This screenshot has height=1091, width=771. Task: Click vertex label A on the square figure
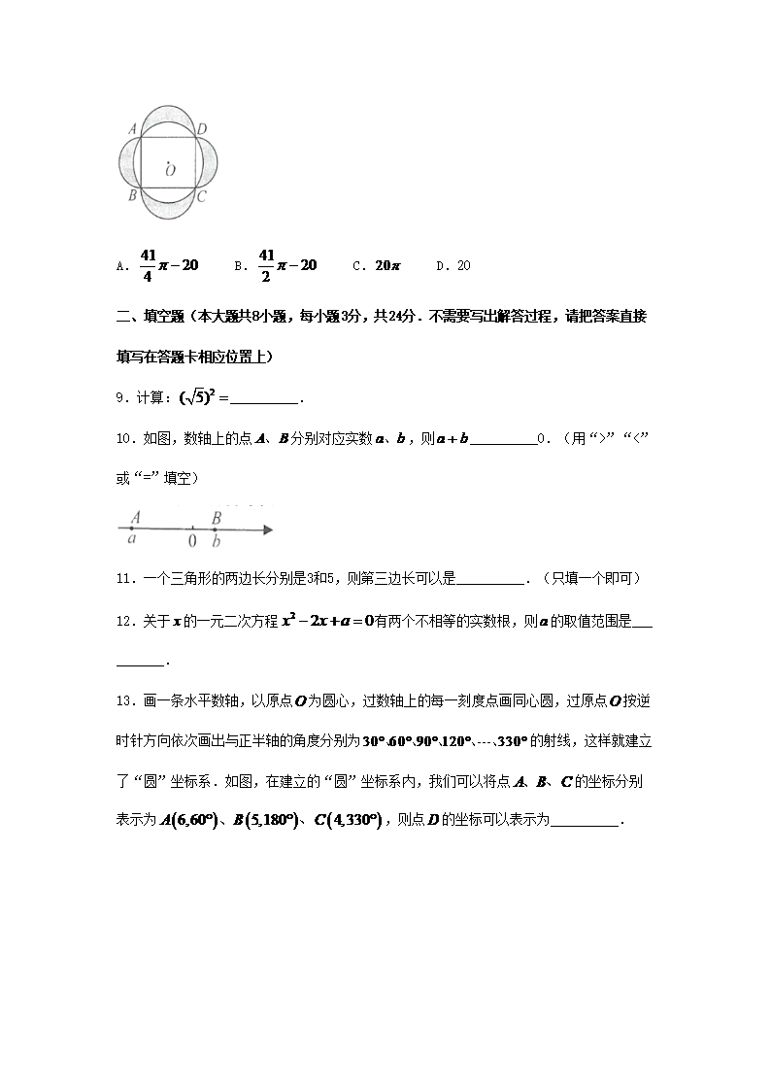click(133, 128)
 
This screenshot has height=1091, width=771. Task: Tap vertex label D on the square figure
click(201, 128)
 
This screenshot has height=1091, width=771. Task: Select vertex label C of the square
click(201, 196)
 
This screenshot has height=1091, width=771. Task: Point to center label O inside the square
click(170, 170)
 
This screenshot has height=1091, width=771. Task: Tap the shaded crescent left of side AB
click(126, 161)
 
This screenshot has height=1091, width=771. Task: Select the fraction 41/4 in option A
click(148, 264)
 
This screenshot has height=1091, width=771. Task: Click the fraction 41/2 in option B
click(267, 264)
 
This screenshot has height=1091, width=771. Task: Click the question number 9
click(121, 397)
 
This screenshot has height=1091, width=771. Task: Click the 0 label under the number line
click(192, 541)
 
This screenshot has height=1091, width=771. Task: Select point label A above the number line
click(136, 517)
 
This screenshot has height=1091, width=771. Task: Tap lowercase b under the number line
click(216, 542)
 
